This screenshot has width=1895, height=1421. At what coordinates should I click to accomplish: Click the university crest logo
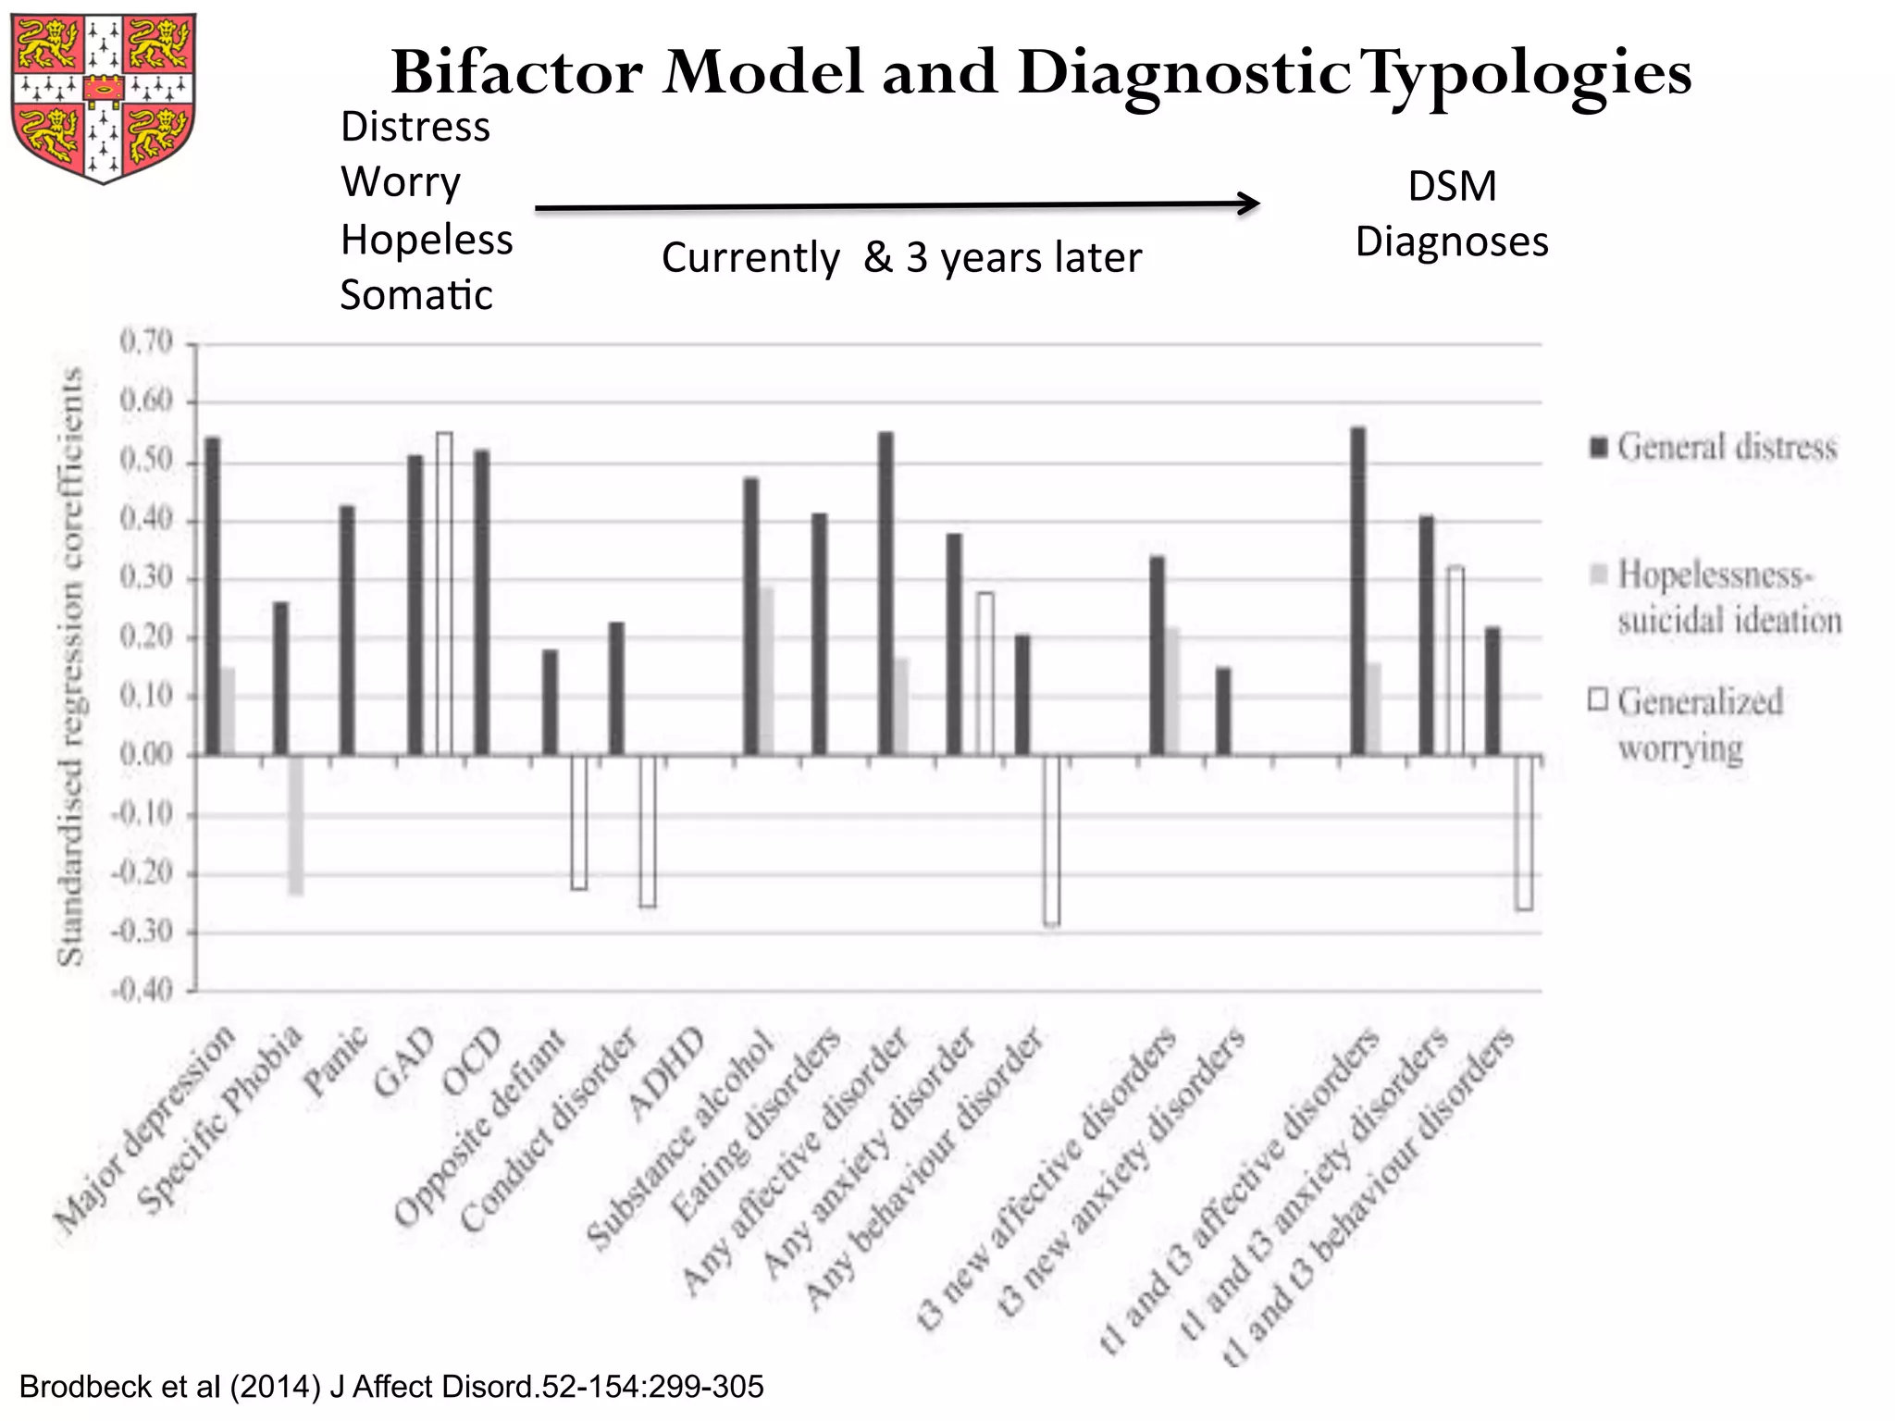104,97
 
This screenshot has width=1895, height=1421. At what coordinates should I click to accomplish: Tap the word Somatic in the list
416,296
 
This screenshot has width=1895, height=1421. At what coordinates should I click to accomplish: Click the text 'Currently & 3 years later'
901,258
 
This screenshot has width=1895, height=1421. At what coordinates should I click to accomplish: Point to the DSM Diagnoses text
1451,215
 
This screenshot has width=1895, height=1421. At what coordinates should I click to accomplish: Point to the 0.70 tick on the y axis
146,343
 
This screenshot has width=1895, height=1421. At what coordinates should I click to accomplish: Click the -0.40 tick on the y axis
142,992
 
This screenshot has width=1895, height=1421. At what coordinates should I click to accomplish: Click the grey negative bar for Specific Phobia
296,824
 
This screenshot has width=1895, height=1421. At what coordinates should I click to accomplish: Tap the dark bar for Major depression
213,596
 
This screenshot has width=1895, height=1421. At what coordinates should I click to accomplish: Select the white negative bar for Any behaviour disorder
1051,840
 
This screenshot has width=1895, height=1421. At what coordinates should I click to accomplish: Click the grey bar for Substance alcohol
766,671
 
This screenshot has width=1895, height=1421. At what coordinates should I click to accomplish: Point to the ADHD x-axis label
666,1073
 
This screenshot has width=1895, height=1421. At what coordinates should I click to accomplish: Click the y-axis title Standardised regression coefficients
70,666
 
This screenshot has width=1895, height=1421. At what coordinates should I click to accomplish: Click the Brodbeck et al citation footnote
391,1387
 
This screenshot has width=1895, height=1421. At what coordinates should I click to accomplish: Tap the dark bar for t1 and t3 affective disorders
1357,591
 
